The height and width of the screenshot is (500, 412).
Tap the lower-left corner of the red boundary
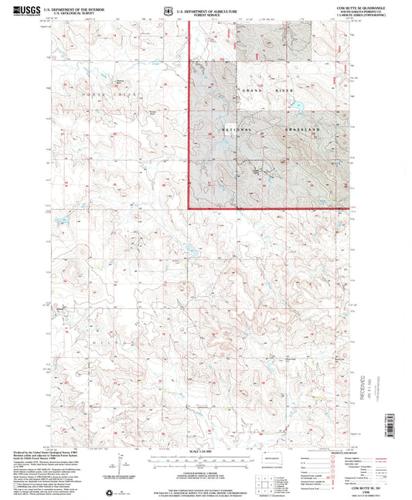pyautogui.click(x=189, y=209)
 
